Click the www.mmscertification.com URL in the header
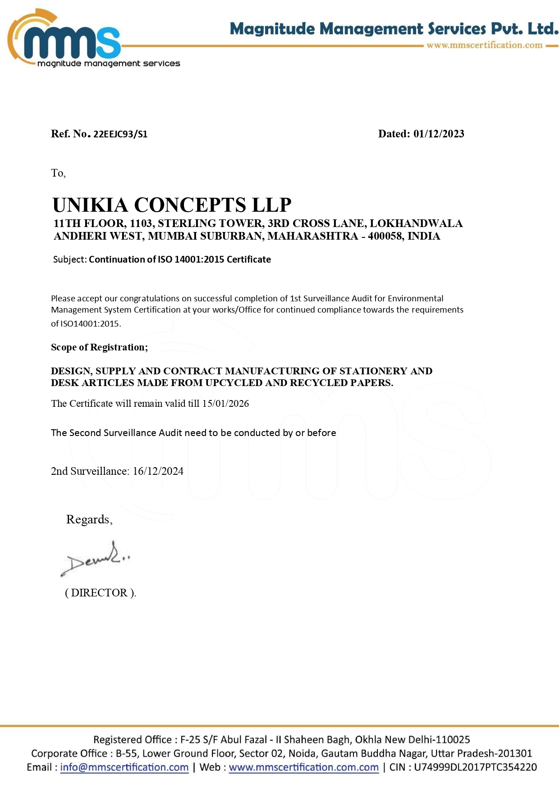click(484, 45)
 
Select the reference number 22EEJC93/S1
click(120, 134)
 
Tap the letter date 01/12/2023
click(439, 134)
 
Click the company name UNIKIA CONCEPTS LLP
click(172, 205)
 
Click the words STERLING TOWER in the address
click(211, 223)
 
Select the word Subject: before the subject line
click(69, 259)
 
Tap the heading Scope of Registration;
click(99, 347)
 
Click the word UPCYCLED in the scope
click(232, 383)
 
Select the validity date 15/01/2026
click(225, 404)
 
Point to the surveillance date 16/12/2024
click(158, 471)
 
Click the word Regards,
click(89, 519)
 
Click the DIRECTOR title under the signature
click(100, 593)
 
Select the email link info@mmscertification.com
click(124, 767)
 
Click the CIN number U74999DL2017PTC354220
click(475, 767)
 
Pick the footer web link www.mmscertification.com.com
click(303, 767)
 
